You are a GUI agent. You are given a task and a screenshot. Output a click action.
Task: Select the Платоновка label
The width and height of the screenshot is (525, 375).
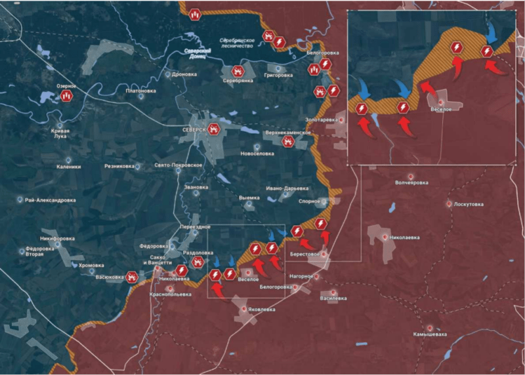(141, 91)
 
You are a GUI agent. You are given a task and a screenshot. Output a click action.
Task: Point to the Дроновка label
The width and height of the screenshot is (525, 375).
(184, 74)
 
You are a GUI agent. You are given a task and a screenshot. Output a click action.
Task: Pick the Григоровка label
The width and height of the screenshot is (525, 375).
(278, 75)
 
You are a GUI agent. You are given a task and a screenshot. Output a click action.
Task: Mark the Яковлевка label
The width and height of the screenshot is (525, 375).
(261, 308)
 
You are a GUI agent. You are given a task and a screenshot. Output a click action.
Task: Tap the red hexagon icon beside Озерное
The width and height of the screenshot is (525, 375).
(66, 96)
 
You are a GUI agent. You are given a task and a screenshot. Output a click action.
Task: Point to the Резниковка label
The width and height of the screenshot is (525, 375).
(120, 166)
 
